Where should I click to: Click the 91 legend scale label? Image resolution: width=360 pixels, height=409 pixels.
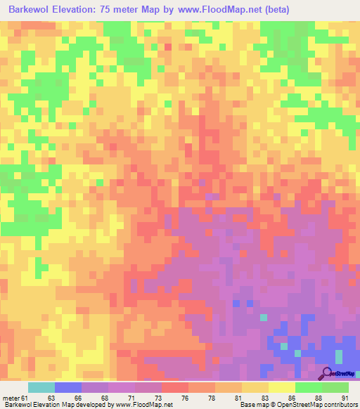coord(344,398)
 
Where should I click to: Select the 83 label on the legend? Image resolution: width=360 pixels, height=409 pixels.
coord(264,398)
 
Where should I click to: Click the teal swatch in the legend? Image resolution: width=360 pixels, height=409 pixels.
coord(41,387)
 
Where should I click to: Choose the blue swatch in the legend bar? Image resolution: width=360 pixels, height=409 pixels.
coord(68,387)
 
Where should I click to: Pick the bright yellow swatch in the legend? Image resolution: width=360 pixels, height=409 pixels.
coord(281,387)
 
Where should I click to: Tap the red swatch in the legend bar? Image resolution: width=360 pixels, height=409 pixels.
coord(174,387)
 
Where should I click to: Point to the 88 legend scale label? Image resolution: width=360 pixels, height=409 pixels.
coord(317,398)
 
